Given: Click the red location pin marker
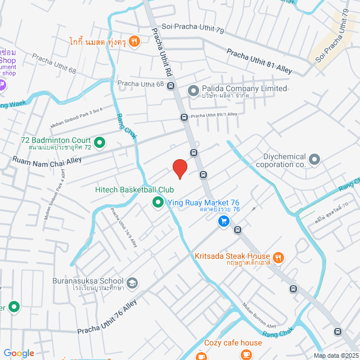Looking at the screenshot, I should (x=179, y=168).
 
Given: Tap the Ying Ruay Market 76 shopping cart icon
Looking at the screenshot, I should (x=224, y=221).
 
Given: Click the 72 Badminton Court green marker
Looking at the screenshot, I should (x=100, y=143).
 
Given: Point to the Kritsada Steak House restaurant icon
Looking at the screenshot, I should (x=279, y=258).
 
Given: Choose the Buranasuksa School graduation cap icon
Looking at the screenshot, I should (x=132, y=282).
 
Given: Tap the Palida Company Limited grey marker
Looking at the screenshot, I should (x=193, y=90).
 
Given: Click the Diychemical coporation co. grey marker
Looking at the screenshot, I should (x=314, y=160).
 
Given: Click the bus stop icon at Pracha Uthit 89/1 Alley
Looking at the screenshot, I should (x=183, y=117).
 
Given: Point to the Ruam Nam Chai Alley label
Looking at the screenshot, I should (x=47, y=160).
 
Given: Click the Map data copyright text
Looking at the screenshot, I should (x=336, y=355).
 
